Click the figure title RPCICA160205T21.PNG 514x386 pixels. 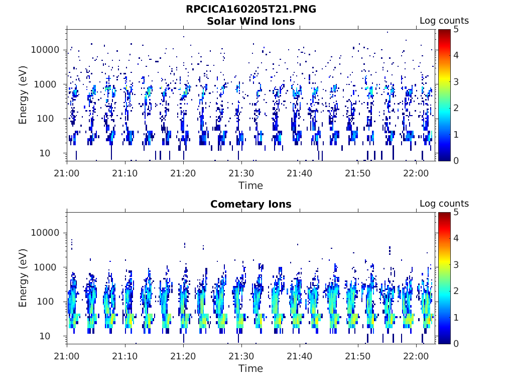point(251,9)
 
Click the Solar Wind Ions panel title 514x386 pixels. point(251,21)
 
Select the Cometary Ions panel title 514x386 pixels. point(251,204)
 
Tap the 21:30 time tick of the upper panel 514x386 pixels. point(241,173)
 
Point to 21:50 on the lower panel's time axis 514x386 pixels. point(357,356)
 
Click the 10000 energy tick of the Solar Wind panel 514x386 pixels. point(45,50)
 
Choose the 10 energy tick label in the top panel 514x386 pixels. point(45,153)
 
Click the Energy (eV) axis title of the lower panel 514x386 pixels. point(23,278)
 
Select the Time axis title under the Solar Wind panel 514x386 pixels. point(251,185)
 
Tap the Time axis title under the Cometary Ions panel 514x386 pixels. point(251,368)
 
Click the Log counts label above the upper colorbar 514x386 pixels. point(444,21)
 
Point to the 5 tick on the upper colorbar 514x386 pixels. point(456,30)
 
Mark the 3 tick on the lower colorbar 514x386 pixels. point(456,265)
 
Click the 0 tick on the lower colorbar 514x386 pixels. point(456,344)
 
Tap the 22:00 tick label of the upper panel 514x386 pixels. point(416,173)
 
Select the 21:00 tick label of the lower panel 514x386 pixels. point(67,356)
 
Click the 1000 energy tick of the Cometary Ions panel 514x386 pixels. point(45,267)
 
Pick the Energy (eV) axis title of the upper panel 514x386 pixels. point(23,95)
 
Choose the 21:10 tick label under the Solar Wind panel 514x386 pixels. point(124,173)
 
